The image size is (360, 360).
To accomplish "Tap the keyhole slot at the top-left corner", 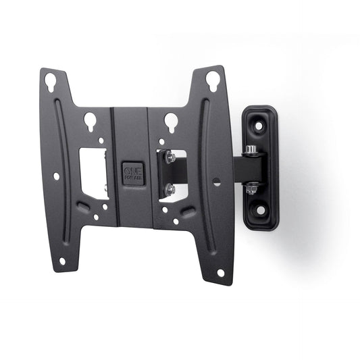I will (51, 82).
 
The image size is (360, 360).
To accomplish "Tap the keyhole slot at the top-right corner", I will (212, 80).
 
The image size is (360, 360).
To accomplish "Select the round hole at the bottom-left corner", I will (62, 261).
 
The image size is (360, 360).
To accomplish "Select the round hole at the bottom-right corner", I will (220, 273).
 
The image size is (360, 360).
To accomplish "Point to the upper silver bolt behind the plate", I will (171, 157).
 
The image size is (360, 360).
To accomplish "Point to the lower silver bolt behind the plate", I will (171, 190).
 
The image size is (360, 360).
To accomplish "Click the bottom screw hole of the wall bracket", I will (260, 210).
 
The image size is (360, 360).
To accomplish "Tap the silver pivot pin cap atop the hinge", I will (251, 149).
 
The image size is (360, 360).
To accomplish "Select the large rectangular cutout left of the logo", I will (94, 173).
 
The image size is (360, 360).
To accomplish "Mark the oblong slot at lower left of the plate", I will (83, 207).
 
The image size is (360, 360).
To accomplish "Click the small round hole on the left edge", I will (56, 176).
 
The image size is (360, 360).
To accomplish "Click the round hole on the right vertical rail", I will (215, 181).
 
